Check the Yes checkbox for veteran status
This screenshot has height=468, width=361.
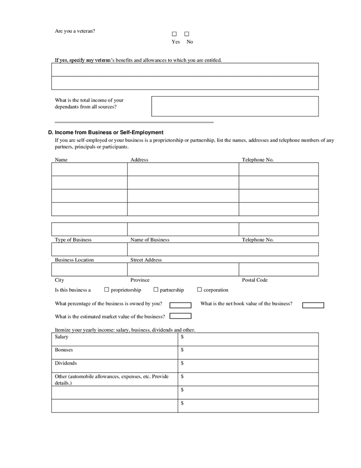click(175, 34)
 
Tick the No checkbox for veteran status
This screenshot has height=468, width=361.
click(186, 34)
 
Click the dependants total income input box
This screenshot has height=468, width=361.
click(235, 106)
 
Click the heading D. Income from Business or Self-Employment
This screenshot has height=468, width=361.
click(105, 133)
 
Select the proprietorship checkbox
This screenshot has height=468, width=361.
click(106, 290)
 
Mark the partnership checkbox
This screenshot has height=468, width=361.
click(156, 290)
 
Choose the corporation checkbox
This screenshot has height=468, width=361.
click(199, 290)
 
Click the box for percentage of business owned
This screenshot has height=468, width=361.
click(180, 305)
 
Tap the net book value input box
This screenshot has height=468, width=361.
click(313, 305)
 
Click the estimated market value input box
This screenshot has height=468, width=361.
click(180, 316)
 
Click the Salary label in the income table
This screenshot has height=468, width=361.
click(62, 337)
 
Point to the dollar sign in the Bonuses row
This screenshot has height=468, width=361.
click(182, 350)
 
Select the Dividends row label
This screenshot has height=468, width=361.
click(66, 363)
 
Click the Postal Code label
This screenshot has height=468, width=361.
click(255, 280)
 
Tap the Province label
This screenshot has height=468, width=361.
click(140, 280)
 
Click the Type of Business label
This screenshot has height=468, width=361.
click(73, 240)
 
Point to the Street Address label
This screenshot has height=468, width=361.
click(146, 259)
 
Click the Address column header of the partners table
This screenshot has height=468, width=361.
click(139, 160)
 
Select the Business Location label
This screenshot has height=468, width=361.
click(74, 259)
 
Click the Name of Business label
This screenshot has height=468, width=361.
click(150, 240)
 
